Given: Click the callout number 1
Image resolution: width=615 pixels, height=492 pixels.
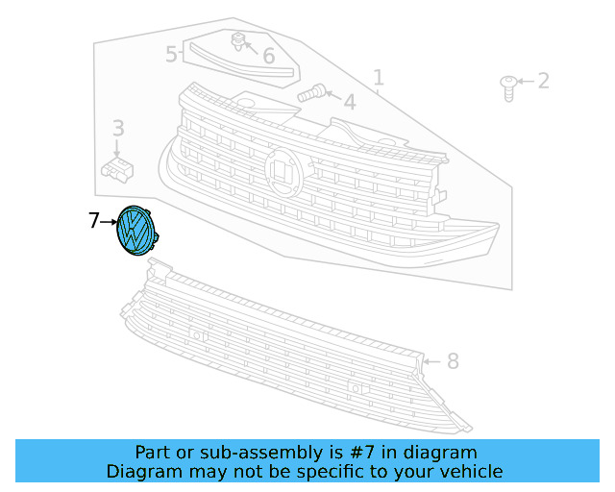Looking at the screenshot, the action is [x=378, y=77].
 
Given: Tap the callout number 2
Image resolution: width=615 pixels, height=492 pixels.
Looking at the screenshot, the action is [x=543, y=81].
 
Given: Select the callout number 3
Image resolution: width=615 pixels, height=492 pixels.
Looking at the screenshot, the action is [x=118, y=128].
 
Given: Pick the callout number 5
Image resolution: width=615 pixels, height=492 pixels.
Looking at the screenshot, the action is [x=171, y=54].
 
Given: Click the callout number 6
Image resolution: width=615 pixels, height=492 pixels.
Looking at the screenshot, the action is [x=268, y=57].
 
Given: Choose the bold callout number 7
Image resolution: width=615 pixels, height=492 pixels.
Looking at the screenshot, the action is [x=93, y=221].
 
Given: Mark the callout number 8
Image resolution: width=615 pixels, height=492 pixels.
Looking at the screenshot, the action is [x=453, y=362].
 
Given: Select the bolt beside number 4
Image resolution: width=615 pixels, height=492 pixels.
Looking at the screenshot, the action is [x=309, y=94].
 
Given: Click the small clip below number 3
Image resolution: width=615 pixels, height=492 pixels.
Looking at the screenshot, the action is [x=115, y=169].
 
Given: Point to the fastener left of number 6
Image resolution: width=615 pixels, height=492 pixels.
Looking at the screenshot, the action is [x=236, y=40].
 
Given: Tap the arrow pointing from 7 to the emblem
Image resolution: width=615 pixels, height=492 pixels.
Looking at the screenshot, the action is [x=109, y=222].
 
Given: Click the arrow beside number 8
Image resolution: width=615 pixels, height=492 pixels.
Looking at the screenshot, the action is [x=430, y=362].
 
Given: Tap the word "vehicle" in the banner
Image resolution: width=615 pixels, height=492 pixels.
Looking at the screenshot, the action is [x=470, y=471].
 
